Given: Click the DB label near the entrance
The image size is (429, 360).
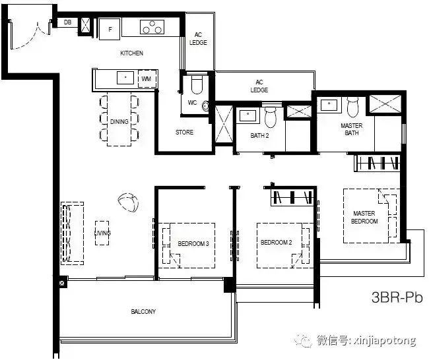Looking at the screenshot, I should (x=67, y=22).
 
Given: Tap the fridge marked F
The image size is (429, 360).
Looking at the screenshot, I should (x=110, y=28).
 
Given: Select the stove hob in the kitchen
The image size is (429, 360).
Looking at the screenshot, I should (x=152, y=27).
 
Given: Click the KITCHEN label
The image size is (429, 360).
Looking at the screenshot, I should (x=131, y=53).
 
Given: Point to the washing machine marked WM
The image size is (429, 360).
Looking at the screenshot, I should (x=146, y=78).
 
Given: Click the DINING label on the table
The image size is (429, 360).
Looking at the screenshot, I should (x=119, y=121).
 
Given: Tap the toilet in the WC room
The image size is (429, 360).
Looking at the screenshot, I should (x=196, y=86).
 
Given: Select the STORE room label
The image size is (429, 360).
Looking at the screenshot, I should (x=184, y=133).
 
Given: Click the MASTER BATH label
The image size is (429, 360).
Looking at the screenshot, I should (x=351, y=129).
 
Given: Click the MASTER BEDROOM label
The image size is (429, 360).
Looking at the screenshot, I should (x=364, y=217).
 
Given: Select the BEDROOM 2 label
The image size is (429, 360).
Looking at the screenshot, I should (x=276, y=243).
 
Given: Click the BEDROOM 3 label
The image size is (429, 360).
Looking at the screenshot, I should (x=193, y=244).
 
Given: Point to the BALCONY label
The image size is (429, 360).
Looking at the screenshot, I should (x=143, y=311).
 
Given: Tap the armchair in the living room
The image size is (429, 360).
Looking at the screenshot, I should (x=128, y=202).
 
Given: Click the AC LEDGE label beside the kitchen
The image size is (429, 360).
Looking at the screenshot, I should (x=199, y=39).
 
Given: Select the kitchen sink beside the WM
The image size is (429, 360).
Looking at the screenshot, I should (x=122, y=78).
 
